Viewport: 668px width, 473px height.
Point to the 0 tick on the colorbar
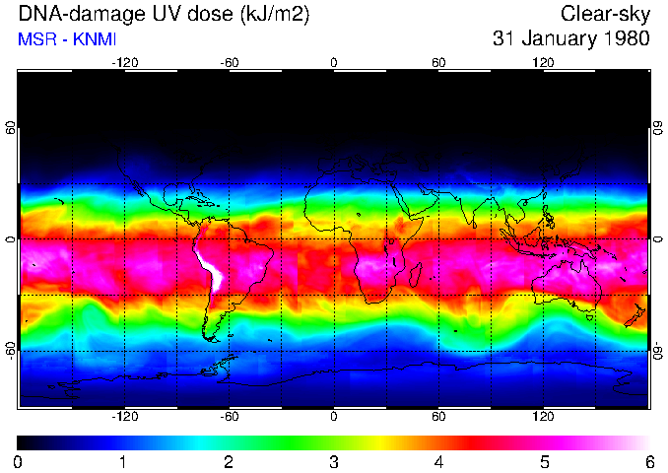(x=18, y=461)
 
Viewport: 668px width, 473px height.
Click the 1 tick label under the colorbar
(x=123, y=461)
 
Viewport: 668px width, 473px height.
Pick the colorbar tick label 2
(x=228, y=461)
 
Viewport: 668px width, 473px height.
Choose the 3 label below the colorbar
(x=333, y=461)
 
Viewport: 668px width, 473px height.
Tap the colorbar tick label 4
(x=438, y=461)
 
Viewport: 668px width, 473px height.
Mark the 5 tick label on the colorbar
(x=544, y=461)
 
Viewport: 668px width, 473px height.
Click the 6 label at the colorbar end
(x=648, y=461)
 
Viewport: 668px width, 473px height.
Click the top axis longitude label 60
(x=438, y=63)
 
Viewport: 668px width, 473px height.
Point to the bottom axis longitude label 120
(x=544, y=417)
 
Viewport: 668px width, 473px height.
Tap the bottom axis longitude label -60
(x=229, y=417)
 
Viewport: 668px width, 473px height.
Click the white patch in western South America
(x=212, y=271)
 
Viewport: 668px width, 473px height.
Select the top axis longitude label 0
(x=333, y=63)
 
